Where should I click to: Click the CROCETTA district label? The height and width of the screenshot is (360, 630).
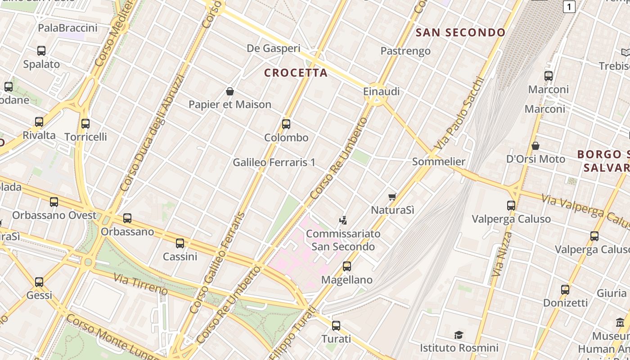pyautogui.click(x=296, y=73)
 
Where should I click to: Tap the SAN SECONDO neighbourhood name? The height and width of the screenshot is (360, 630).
pyautogui.click(x=460, y=32)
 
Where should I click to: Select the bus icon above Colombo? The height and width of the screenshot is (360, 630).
pyautogui.click(x=286, y=124)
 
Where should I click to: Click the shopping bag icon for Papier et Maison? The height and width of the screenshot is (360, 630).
pyautogui.click(x=230, y=92)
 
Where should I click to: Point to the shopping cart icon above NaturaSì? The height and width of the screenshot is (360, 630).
pyautogui.click(x=392, y=197)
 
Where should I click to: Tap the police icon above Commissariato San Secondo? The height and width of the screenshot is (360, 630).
pyautogui.click(x=343, y=220)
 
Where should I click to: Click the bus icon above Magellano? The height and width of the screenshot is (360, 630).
pyautogui.click(x=346, y=266)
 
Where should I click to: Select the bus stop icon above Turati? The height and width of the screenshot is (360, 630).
pyautogui.click(x=336, y=326)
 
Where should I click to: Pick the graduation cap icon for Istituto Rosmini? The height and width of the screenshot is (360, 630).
pyautogui.click(x=459, y=335)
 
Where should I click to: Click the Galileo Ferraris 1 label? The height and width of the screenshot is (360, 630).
pyautogui.click(x=274, y=162)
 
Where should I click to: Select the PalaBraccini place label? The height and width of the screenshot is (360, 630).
pyautogui.click(x=67, y=28)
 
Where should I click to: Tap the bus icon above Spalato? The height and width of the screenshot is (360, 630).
pyautogui.click(x=41, y=51)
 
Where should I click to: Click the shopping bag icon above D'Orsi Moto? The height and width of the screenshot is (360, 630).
pyautogui.click(x=535, y=146)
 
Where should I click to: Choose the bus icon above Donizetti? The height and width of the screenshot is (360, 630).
pyautogui.click(x=565, y=290)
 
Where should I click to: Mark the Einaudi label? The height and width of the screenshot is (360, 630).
pyautogui.click(x=381, y=91)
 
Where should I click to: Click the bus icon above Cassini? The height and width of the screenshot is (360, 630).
pyautogui.click(x=180, y=243)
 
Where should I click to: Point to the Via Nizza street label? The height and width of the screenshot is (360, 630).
pyautogui.click(x=502, y=254)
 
